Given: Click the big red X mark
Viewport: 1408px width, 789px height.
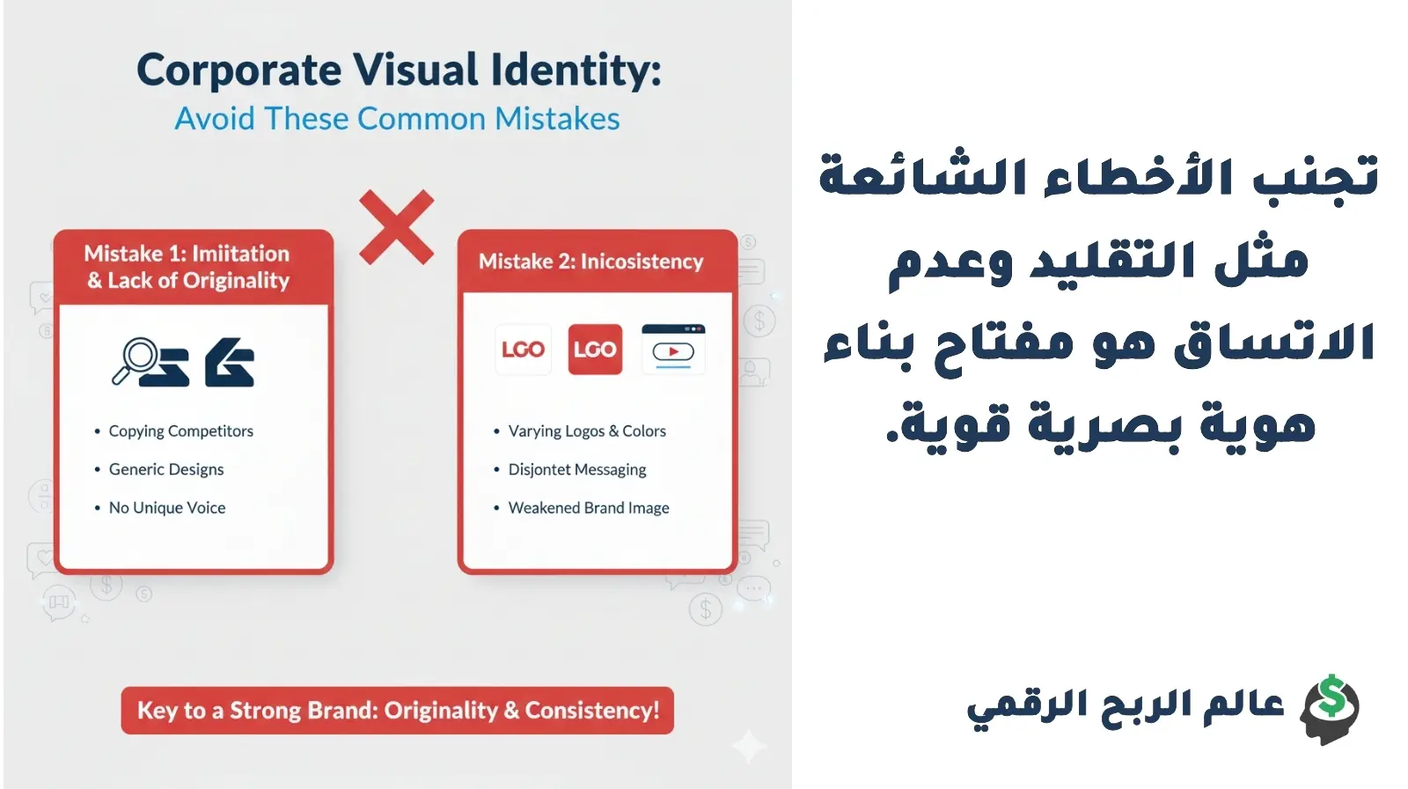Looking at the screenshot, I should pyautogui.click(x=396, y=227).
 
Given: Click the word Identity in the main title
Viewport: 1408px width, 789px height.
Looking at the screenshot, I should pyautogui.click(x=576, y=70).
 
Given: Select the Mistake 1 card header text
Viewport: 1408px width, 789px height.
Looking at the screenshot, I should pyautogui.click(x=187, y=267).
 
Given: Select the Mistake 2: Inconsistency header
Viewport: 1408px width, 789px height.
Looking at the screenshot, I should pyautogui.click(x=590, y=262).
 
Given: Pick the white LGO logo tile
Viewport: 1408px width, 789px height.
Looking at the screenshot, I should pyautogui.click(x=523, y=350).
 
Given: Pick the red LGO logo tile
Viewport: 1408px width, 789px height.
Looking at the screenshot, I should pyautogui.click(x=595, y=350).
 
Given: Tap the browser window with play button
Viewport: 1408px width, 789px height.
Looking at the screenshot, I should pyautogui.click(x=673, y=349).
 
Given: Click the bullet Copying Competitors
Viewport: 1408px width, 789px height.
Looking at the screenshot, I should pyautogui.click(x=180, y=431).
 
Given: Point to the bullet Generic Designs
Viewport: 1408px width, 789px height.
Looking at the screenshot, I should pyautogui.click(x=166, y=469).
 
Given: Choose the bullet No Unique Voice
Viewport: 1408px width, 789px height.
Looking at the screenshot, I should pyautogui.click(x=167, y=508).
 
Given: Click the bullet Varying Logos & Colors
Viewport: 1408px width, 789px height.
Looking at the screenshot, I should pyautogui.click(x=587, y=431).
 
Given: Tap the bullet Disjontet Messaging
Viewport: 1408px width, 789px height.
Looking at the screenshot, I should pyautogui.click(x=577, y=469).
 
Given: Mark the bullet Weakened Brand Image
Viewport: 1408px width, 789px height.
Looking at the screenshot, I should pyautogui.click(x=589, y=508).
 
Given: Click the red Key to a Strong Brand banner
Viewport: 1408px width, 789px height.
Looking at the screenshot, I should pyautogui.click(x=398, y=711).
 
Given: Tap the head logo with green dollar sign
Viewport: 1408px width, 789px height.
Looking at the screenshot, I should pyautogui.click(x=1331, y=709).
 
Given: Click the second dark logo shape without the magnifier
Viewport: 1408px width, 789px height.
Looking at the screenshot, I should pyautogui.click(x=230, y=363).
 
